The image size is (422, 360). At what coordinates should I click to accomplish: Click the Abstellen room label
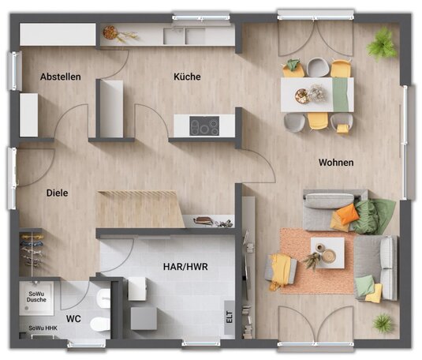point(61,77)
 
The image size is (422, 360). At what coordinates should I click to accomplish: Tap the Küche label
point(187,77)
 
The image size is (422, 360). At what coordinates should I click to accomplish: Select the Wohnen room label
point(336,163)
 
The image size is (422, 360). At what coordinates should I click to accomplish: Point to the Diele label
point(57,193)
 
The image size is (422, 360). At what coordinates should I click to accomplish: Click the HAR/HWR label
point(185,267)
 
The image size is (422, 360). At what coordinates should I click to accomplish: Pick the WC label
point(73,319)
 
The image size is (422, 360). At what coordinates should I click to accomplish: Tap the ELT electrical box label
point(229,317)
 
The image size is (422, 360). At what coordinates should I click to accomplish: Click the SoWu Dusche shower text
point(36,297)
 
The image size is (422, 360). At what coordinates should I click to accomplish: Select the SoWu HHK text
point(43,328)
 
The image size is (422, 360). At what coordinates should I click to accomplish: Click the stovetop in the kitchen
point(204,126)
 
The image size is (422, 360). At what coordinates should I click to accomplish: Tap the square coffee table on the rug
point(327,253)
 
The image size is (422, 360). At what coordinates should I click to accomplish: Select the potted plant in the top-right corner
point(381,45)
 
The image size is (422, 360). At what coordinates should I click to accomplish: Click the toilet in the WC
point(100,324)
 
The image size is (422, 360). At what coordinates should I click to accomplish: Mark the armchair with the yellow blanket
point(281,270)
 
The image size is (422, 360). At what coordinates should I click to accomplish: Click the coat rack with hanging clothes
point(32,250)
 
